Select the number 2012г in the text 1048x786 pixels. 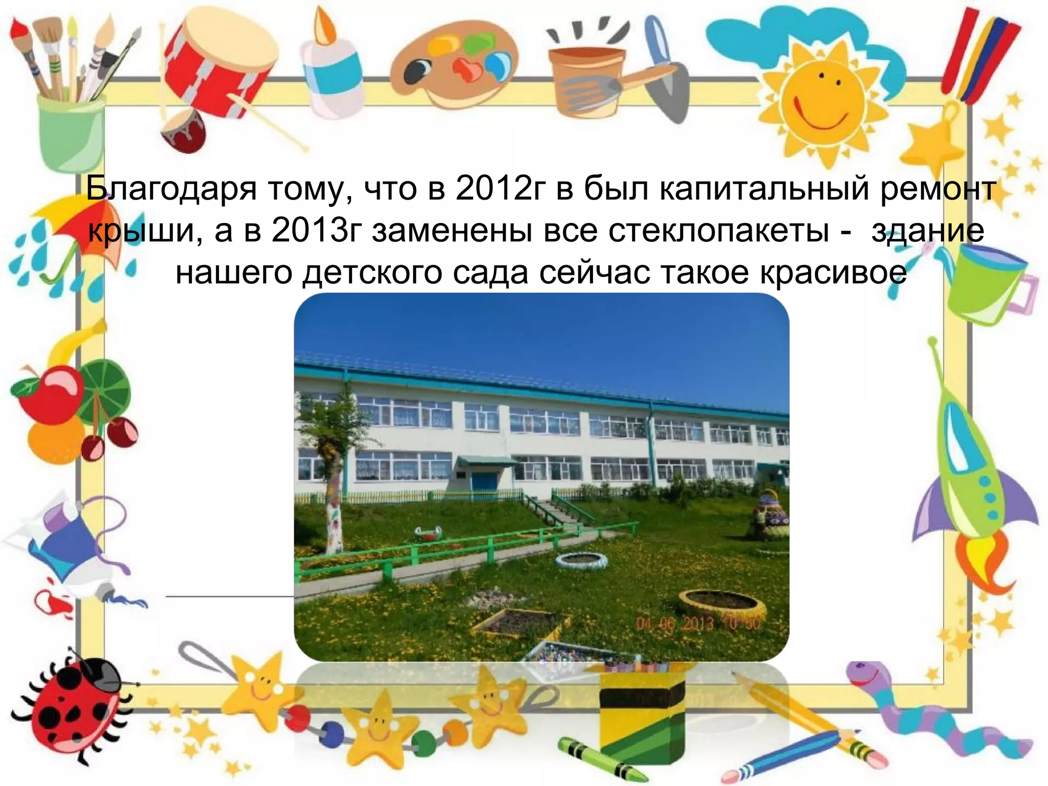(501, 189)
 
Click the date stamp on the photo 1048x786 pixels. (698, 624)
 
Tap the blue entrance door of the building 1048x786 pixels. (484, 481)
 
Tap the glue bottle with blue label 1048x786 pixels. (333, 72)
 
